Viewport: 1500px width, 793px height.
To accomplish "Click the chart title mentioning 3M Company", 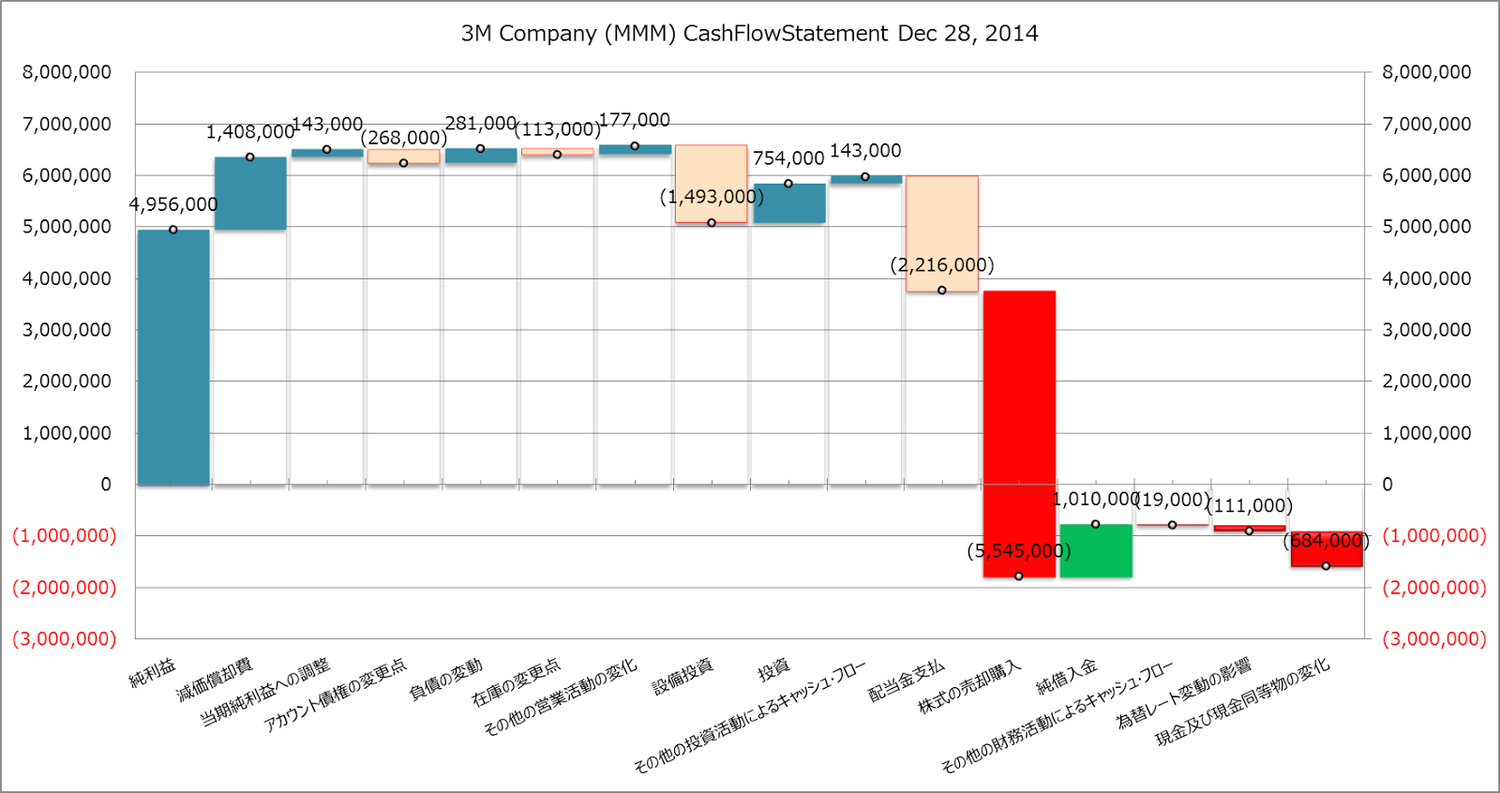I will pos(749,34).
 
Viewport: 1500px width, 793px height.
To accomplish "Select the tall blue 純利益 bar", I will pos(173,357).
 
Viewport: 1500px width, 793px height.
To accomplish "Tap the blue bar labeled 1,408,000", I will pos(250,193).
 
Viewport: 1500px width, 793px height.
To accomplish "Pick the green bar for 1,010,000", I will pos(1096,550).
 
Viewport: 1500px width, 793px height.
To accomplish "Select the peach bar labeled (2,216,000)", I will pos(941,233).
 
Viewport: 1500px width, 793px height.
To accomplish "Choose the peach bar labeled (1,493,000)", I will pos(711,184).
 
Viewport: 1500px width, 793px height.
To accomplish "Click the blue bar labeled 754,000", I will pos(788,203).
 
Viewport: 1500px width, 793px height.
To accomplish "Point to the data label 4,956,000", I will pos(173,204).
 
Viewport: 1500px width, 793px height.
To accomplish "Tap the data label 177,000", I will pos(635,120).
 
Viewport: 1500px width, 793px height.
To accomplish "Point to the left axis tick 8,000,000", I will pos(67,72).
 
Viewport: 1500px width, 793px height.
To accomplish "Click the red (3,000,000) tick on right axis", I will pos(1434,639).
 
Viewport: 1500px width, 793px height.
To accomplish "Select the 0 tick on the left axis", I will pos(106,485).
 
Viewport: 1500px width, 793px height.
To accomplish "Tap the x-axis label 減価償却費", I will pos(215,680).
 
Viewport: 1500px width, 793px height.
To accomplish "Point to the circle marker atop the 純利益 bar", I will pos(173,230).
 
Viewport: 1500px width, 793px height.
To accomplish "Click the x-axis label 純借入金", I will pos(1066,677).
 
